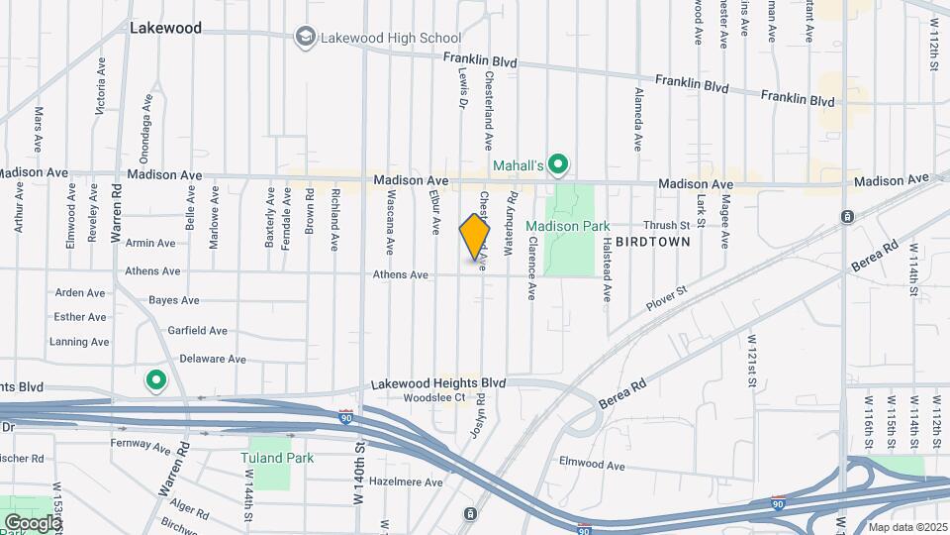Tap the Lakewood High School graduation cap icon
[306, 38]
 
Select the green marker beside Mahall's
[558, 163]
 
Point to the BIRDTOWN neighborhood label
[653, 241]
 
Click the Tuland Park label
[277, 458]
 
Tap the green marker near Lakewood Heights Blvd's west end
[155, 379]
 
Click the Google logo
[33, 522]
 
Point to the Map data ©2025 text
[907, 526]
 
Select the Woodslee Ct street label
[434, 398]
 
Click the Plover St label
[667, 293]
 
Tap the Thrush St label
[659, 225]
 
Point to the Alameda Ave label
[637, 120]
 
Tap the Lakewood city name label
[165, 29]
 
